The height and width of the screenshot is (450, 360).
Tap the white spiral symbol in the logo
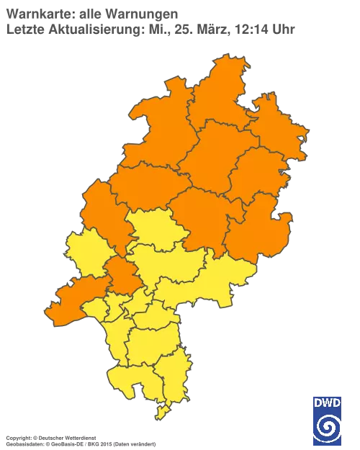coord(328,427)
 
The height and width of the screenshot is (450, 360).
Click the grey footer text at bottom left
coord(79,437)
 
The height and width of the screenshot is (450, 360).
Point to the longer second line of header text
coord(151,30)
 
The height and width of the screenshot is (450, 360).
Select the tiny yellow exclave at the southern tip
coord(162,413)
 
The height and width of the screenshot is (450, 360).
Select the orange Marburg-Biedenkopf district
coord(144,187)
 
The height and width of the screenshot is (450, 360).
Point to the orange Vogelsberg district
coord(205,220)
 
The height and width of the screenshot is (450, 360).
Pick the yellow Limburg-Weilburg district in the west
coord(86,252)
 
